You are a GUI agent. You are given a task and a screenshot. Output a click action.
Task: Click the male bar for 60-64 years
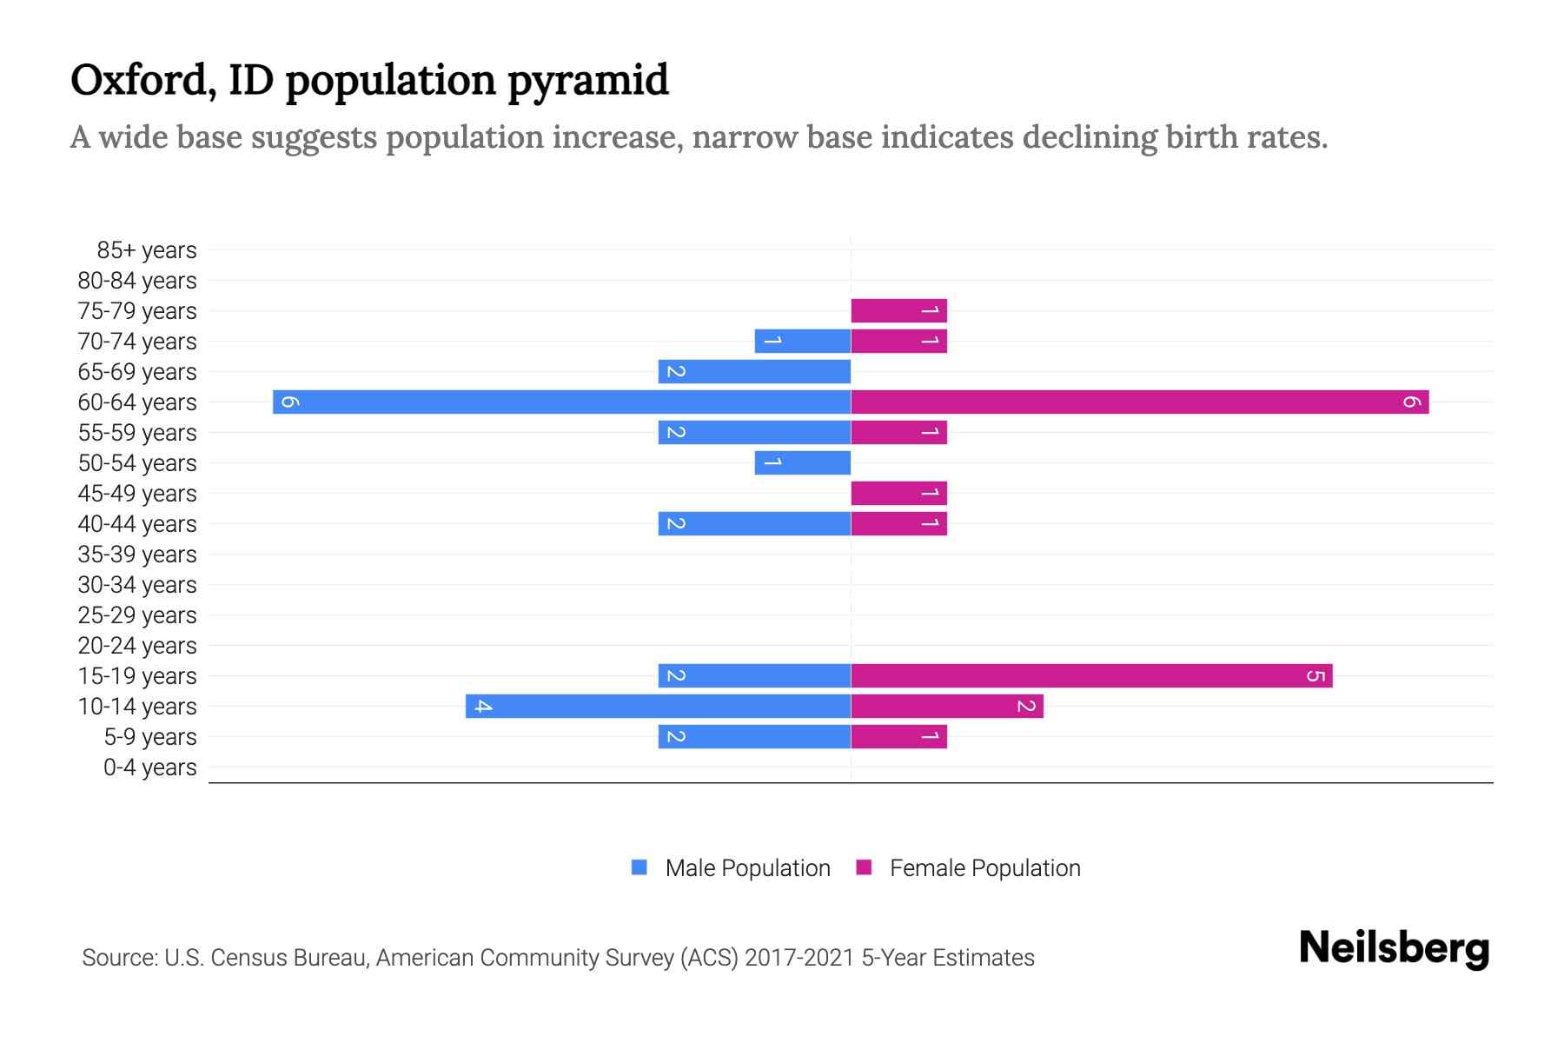[561, 402]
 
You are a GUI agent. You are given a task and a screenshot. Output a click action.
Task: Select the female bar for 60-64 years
[1140, 402]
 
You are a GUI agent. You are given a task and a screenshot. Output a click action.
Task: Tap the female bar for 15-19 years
[1091, 675]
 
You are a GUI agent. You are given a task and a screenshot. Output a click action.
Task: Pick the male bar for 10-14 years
[658, 706]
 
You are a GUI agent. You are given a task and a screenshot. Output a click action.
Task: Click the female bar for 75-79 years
[898, 310]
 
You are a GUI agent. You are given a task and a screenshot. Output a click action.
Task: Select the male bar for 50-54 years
[802, 462]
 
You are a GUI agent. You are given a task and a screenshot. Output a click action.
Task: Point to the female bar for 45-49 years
[898, 493]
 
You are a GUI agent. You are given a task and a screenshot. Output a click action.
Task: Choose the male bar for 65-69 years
[754, 371]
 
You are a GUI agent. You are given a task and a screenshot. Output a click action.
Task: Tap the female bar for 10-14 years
[947, 706]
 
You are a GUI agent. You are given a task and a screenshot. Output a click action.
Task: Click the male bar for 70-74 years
[802, 341]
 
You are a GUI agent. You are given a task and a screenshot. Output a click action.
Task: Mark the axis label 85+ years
[146, 250]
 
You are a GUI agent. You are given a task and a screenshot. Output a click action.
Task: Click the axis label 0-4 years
[149, 767]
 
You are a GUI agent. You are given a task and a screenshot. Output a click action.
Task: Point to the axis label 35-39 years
[137, 555]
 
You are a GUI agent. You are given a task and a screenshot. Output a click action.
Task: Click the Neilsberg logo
[1394, 947]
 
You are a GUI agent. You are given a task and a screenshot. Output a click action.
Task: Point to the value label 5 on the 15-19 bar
[1315, 675]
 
